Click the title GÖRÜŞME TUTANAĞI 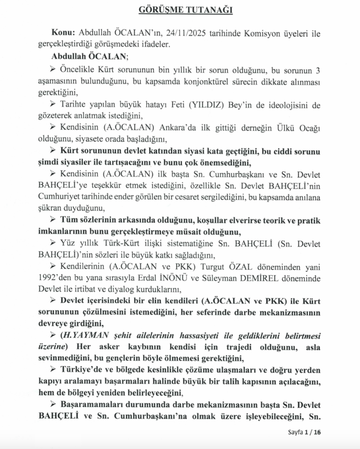click(x=179, y=10)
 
